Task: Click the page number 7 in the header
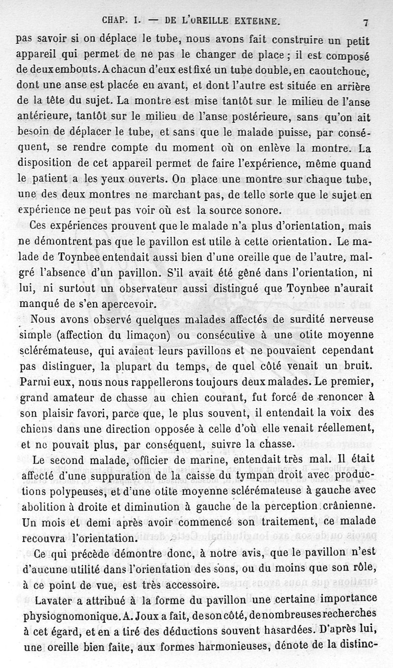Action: [x=366, y=22]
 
